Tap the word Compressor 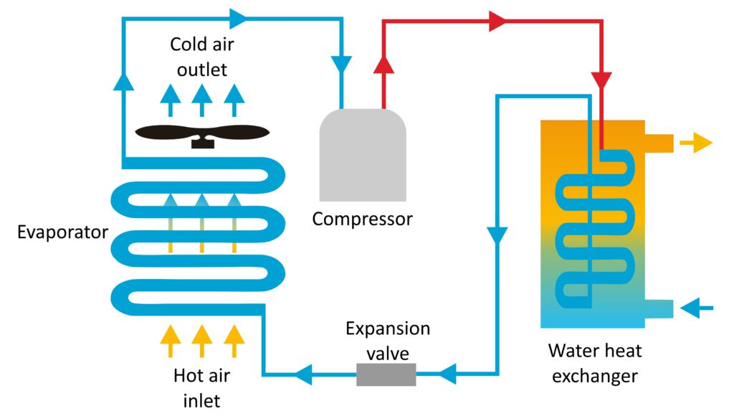(362, 219)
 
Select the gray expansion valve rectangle (386, 374)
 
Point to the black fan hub (202, 142)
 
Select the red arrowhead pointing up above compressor (385, 66)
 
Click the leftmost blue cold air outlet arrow (170, 99)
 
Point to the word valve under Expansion (388, 354)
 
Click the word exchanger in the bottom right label (595, 375)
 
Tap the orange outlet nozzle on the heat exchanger (659, 143)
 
